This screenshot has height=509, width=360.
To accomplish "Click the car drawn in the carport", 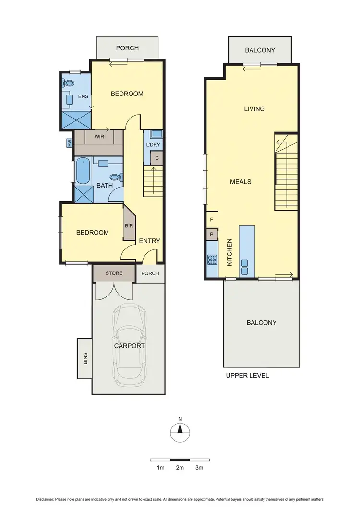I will pos(129,345).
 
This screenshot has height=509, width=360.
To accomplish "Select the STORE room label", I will pos(114,273).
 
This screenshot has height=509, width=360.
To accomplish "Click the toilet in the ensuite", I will pos(69,83).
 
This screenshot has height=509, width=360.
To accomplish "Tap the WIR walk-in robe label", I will pos(99,137).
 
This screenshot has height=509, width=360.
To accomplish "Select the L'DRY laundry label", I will pos(153,145).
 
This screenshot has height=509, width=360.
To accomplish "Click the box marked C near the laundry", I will pos(156,157).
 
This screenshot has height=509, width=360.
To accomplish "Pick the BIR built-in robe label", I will pos(129,225).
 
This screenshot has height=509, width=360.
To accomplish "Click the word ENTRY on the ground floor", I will pos(149,241).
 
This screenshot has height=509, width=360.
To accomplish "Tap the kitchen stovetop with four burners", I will pos(212,260).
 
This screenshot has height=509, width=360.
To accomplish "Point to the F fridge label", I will pos(211,220).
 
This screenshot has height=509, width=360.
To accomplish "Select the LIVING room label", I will pos(254,109).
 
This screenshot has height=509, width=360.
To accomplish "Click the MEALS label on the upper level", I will pos(240,182).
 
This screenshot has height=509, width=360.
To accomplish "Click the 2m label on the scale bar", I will pos(180,468).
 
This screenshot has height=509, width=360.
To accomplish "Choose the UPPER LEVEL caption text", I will pos(247,376).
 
